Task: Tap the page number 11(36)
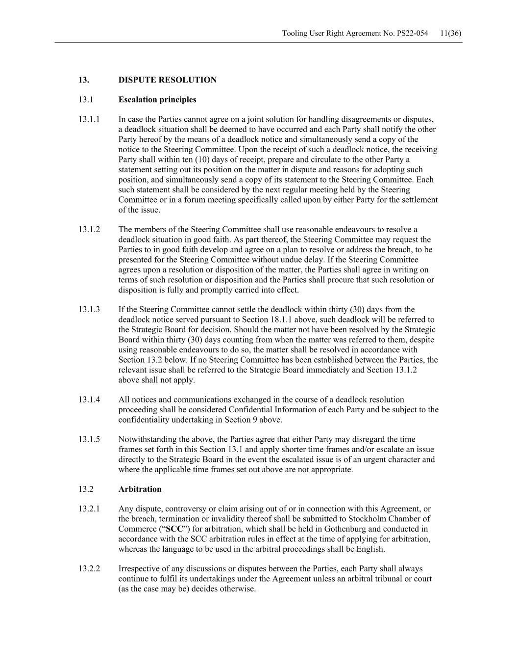point(451,33)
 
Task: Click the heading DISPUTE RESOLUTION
point(167,80)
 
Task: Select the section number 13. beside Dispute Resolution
point(83,80)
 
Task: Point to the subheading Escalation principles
point(157,100)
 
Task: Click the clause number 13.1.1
point(89,119)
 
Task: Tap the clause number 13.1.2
point(89,230)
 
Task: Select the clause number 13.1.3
point(89,310)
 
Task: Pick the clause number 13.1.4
point(89,400)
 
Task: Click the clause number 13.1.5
point(89,439)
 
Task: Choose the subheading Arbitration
point(140,489)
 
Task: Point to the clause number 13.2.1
point(89,509)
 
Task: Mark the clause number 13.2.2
point(89,569)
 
